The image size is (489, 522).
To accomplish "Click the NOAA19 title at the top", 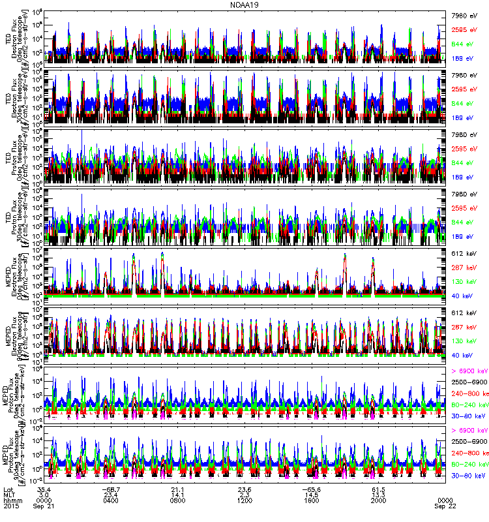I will click(x=244, y=5).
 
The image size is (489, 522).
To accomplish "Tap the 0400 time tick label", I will click(x=111, y=500).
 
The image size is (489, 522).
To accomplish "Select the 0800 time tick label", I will click(x=178, y=500).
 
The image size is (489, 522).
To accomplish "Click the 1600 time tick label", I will click(x=311, y=500).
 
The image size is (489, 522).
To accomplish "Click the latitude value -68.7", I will click(x=111, y=487).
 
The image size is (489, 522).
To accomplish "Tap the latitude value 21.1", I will click(x=178, y=487).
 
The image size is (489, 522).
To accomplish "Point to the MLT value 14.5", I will click(x=311, y=494).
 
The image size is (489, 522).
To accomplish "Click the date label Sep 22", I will click(x=443, y=506).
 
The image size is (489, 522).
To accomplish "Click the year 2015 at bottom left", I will click(x=12, y=506).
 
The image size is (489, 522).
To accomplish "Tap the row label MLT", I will click(x=10, y=494).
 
